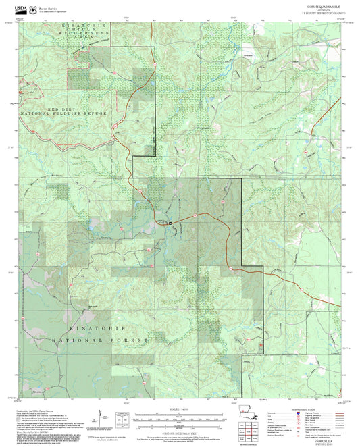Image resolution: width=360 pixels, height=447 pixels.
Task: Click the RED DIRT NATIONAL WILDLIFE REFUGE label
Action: (x=64, y=112)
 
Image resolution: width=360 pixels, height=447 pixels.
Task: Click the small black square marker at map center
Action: (x=170, y=223)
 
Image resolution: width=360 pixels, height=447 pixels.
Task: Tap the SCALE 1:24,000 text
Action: (x=180, y=409)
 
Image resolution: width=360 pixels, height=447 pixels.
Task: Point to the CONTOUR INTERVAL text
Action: (x=180, y=430)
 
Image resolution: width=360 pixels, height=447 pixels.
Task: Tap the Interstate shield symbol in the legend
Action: (x=293, y=414)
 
